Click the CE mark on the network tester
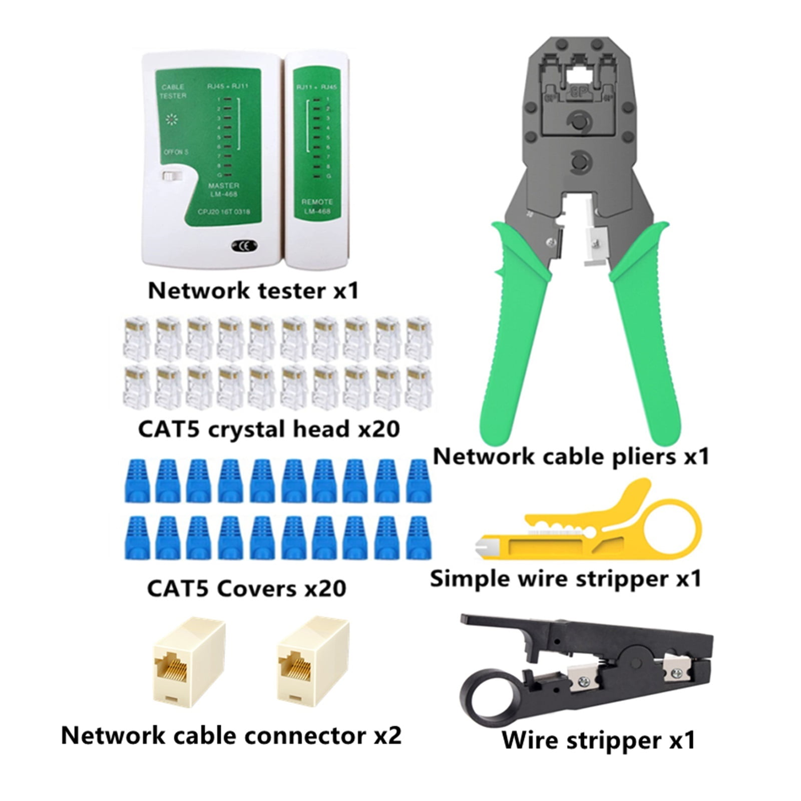tap(244, 245)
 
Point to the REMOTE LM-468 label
tap(317, 206)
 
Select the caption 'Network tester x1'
tap(253, 291)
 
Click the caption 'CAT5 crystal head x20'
tap(269, 429)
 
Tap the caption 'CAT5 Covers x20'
tap(246, 588)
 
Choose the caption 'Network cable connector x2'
tap(231, 736)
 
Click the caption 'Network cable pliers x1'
tap(571, 456)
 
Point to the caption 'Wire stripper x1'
tap(598, 740)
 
